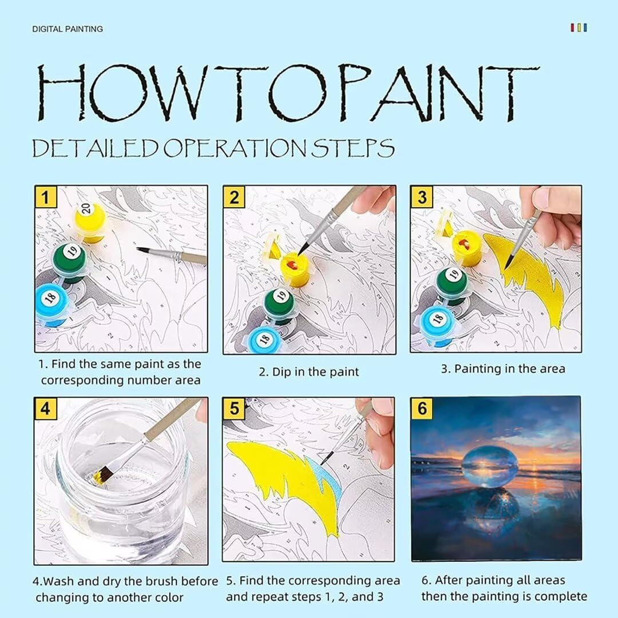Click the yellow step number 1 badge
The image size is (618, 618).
[46, 197]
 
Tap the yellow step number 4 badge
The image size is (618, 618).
[45, 409]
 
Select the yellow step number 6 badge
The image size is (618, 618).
[422, 408]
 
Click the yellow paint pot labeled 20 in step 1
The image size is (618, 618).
[90, 222]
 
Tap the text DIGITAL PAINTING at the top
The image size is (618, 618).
[68, 29]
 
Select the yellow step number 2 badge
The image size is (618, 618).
[234, 197]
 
